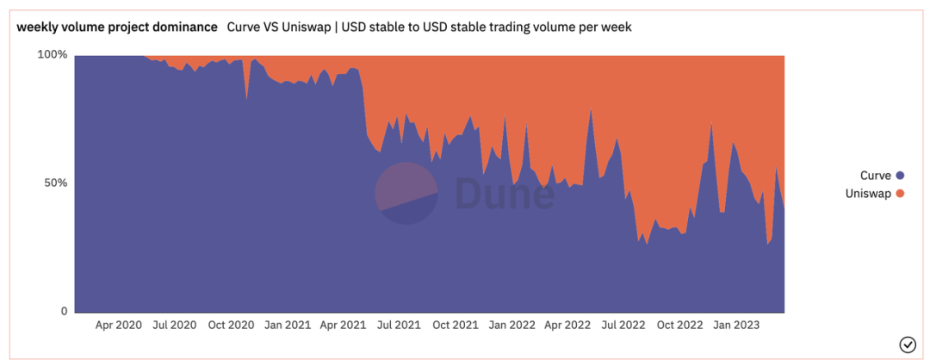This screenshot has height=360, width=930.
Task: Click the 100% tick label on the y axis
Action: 52,54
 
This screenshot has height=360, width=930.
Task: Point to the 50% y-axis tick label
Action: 55,183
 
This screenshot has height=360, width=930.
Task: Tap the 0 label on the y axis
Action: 63,311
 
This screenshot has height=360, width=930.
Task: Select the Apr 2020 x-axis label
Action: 118,325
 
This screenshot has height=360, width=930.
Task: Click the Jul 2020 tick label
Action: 174,325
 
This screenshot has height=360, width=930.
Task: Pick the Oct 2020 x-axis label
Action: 230,325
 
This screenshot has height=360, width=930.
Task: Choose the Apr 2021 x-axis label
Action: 342,325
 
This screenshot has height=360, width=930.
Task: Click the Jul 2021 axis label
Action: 398,325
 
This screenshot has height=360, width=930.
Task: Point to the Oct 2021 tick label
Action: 454,325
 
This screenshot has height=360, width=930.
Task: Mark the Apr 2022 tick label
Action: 567,325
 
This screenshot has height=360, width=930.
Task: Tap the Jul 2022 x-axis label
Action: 623,325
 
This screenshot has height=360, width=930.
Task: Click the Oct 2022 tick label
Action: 679,325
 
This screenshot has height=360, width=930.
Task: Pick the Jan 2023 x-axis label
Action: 735,325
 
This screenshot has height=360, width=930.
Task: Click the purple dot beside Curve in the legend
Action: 900,176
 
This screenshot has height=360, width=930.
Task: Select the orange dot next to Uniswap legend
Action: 900,193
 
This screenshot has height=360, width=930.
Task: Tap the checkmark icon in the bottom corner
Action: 907,344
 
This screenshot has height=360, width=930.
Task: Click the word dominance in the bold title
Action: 187,27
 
